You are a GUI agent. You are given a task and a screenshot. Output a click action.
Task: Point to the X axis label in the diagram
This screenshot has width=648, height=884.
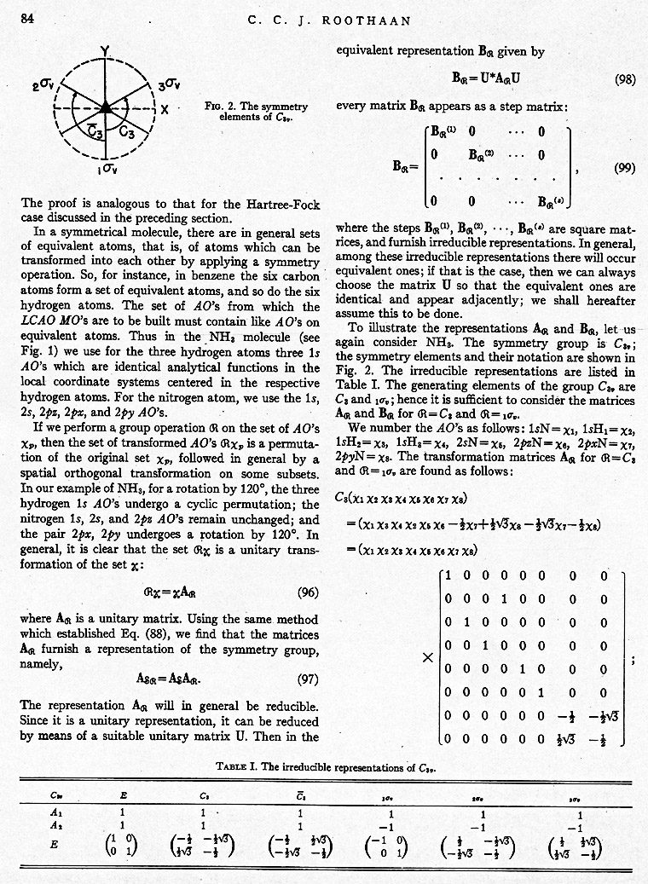coord(165,109)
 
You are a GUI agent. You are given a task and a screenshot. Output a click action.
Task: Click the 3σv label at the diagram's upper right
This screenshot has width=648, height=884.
coord(168,84)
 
